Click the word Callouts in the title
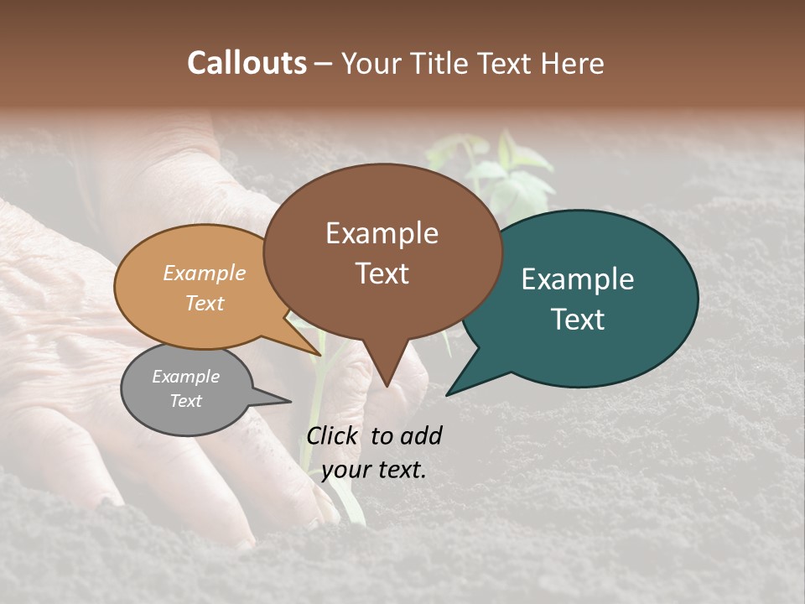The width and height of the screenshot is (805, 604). [247, 63]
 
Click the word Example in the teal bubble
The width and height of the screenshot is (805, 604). [578, 279]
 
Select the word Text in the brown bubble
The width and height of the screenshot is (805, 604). [382, 273]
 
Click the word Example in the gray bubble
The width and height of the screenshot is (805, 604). [186, 377]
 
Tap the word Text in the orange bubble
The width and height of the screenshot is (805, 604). [205, 303]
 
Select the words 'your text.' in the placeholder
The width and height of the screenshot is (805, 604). [374, 470]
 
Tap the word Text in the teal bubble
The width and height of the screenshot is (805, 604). [579, 319]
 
